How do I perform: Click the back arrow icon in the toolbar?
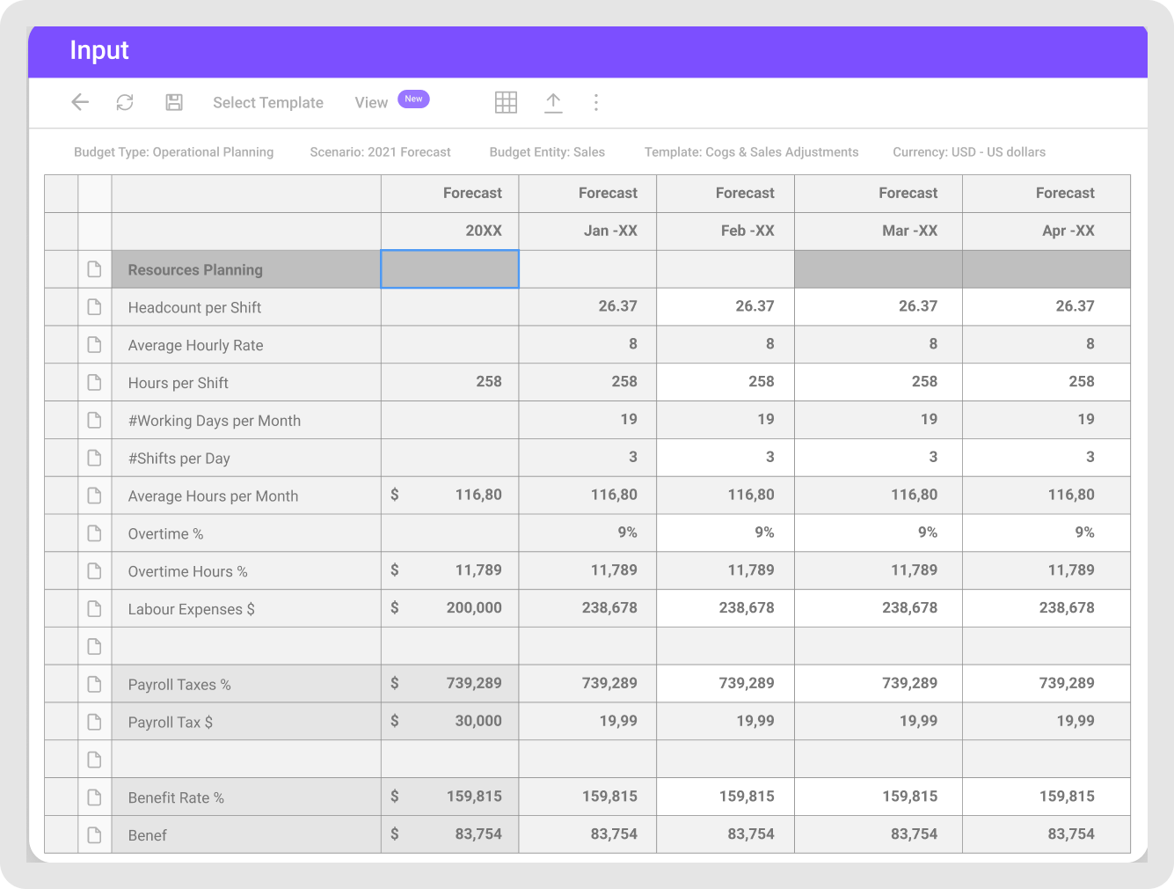[x=80, y=102]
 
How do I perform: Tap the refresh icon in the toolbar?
[x=125, y=102]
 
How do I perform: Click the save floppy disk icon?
[x=174, y=102]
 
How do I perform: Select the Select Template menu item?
[x=268, y=103]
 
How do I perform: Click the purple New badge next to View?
[x=413, y=99]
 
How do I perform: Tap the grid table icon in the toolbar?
[x=506, y=102]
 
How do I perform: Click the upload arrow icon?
[x=553, y=102]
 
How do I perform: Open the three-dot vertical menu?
[x=596, y=102]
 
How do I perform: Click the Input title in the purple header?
[x=99, y=50]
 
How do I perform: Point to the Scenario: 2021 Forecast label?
[x=380, y=152]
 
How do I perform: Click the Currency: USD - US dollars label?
[x=969, y=152]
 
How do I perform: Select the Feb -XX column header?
[x=745, y=231]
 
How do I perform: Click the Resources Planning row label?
[x=195, y=270]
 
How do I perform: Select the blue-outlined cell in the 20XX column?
[x=449, y=269]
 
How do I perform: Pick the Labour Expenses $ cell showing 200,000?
[x=473, y=607]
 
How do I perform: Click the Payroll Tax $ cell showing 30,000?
[x=478, y=721]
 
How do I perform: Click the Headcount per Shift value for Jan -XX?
[x=617, y=306]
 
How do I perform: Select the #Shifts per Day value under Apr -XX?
[x=1090, y=457]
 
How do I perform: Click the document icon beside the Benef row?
[x=95, y=834]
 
